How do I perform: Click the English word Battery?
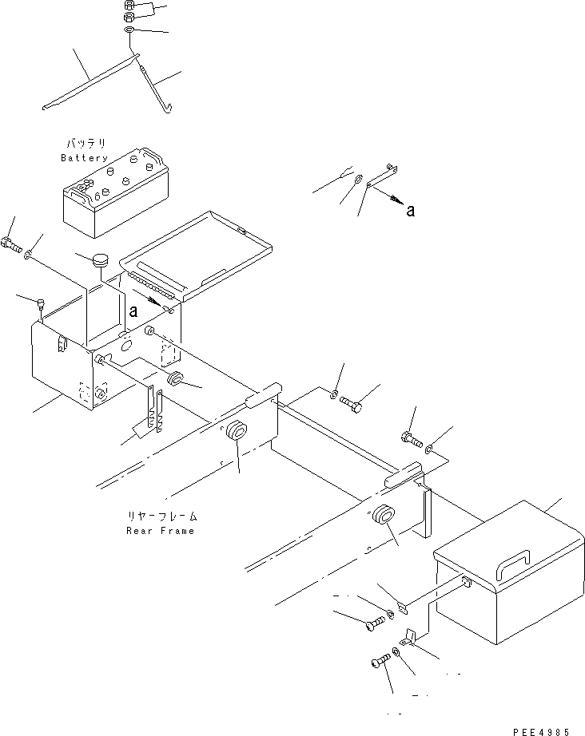point(84,158)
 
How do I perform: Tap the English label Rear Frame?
point(160,531)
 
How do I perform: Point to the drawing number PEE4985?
point(543,730)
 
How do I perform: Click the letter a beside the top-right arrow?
point(410,211)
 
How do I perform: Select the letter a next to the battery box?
point(133,311)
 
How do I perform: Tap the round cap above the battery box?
point(101,260)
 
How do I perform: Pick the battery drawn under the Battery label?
point(116,192)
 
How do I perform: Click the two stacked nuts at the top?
point(130,11)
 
